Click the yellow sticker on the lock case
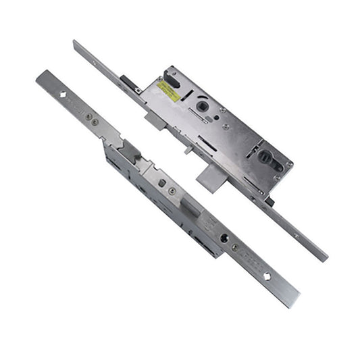tap(169, 92)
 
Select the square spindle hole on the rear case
tap(201, 107)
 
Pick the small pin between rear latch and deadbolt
tap(187, 149)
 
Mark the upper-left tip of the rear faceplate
tap(76, 43)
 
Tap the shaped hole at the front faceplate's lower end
tap(267, 276)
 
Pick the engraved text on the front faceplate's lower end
tap(253, 262)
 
